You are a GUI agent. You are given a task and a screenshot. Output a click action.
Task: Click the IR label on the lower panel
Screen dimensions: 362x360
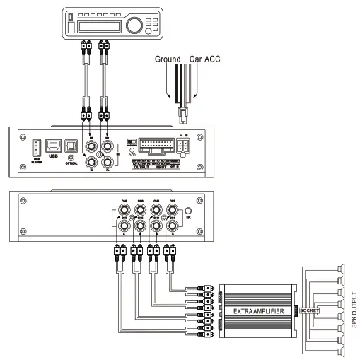click(x=189, y=221)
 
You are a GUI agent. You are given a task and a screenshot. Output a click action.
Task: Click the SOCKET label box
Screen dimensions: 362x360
click(x=309, y=310)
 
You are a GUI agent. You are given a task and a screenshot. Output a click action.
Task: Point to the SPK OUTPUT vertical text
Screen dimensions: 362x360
click(x=353, y=310)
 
